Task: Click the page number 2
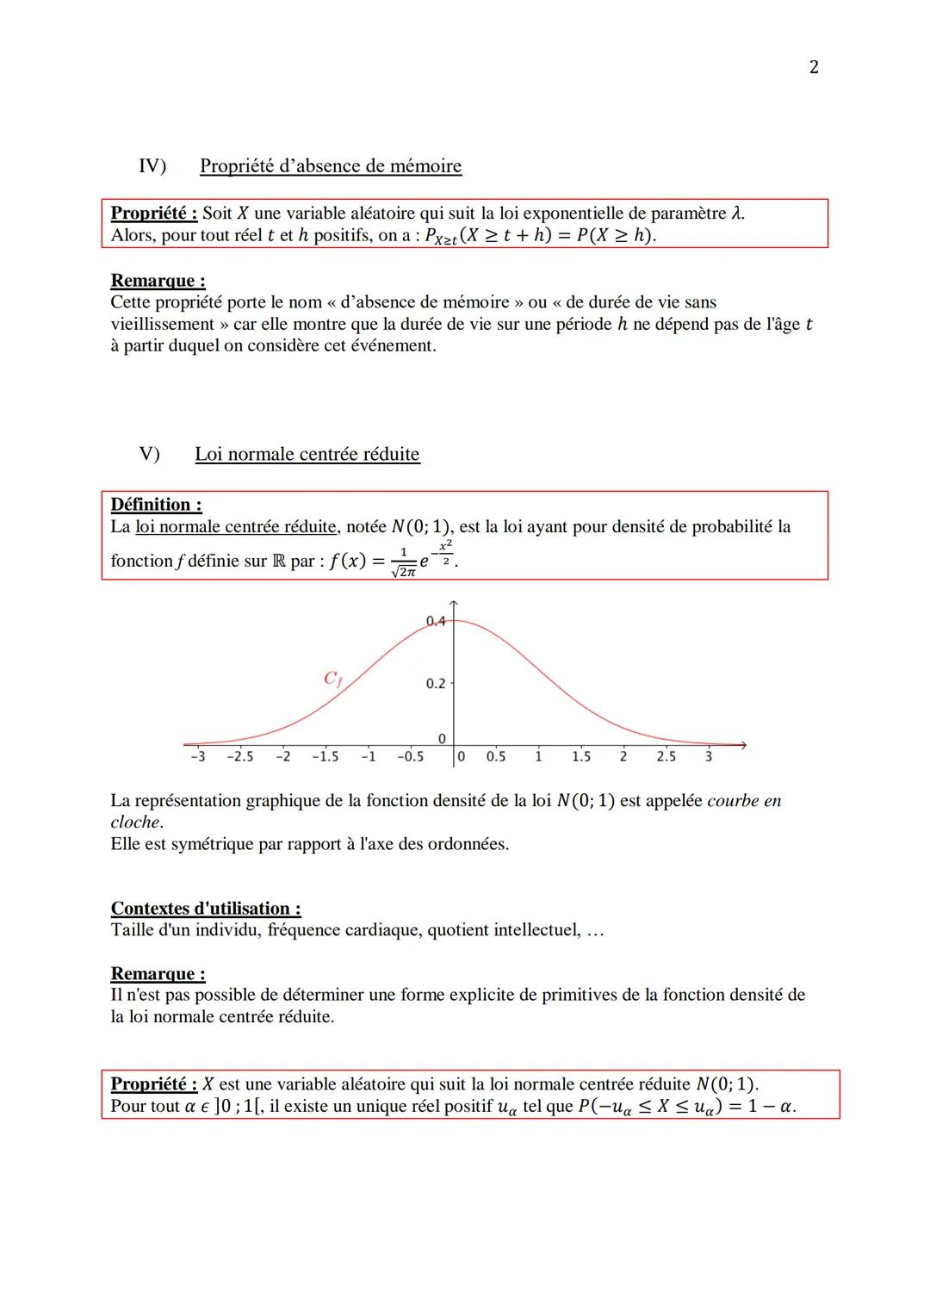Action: point(814,67)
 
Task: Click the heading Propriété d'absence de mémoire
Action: point(331,166)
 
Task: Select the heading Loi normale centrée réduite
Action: point(307,454)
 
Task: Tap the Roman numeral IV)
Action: point(152,165)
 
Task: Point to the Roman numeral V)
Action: point(150,454)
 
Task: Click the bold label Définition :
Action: point(156,505)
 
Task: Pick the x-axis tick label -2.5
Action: point(240,756)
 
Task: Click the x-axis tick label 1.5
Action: point(581,756)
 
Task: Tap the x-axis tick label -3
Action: point(197,756)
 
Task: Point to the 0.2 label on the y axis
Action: point(436,683)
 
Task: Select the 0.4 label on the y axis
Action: point(436,620)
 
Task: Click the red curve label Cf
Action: point(332,680)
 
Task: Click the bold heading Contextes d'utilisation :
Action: point(206,909)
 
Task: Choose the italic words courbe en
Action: point(744,801)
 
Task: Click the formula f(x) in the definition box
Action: point(348,561)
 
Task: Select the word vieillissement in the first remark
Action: point(162,325)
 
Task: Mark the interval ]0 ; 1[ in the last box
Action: point(237,1107)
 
